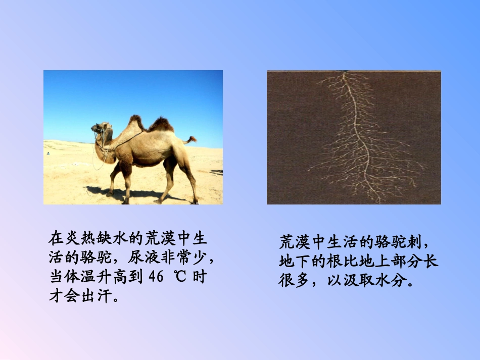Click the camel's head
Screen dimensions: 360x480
coord(101,129)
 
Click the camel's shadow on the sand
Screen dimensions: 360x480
coord(131,194)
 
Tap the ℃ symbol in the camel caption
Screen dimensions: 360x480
coord(180,277)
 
